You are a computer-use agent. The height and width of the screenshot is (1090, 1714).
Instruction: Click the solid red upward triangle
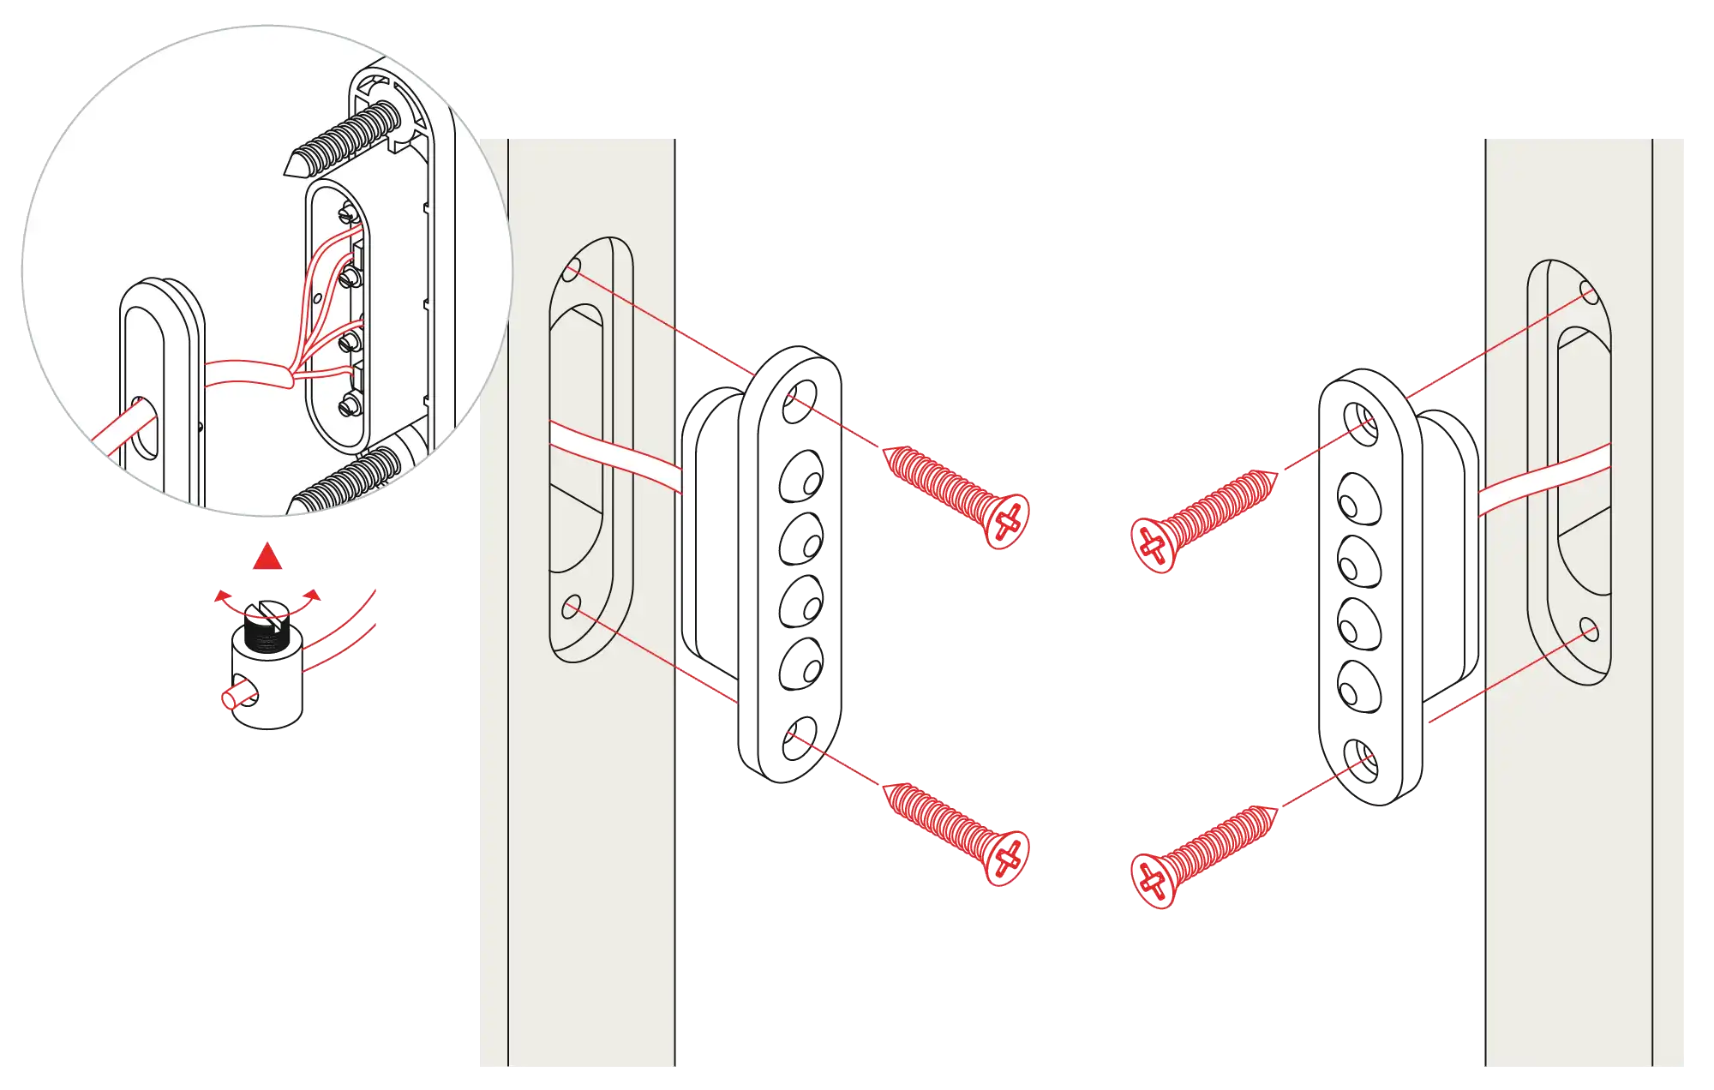[x=267, y=557]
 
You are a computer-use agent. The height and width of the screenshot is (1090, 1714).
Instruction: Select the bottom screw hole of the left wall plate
[x=571, y=608]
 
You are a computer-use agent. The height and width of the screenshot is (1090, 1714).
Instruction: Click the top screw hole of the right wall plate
[x=1588, y=294]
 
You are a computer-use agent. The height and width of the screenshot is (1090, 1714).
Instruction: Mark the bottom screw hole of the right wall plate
[x=1588, y=630]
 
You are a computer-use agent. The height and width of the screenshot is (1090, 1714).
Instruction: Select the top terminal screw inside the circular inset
[x=350, y=211]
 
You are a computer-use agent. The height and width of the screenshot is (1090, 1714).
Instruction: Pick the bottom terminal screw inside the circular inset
[x=349, y=405]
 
